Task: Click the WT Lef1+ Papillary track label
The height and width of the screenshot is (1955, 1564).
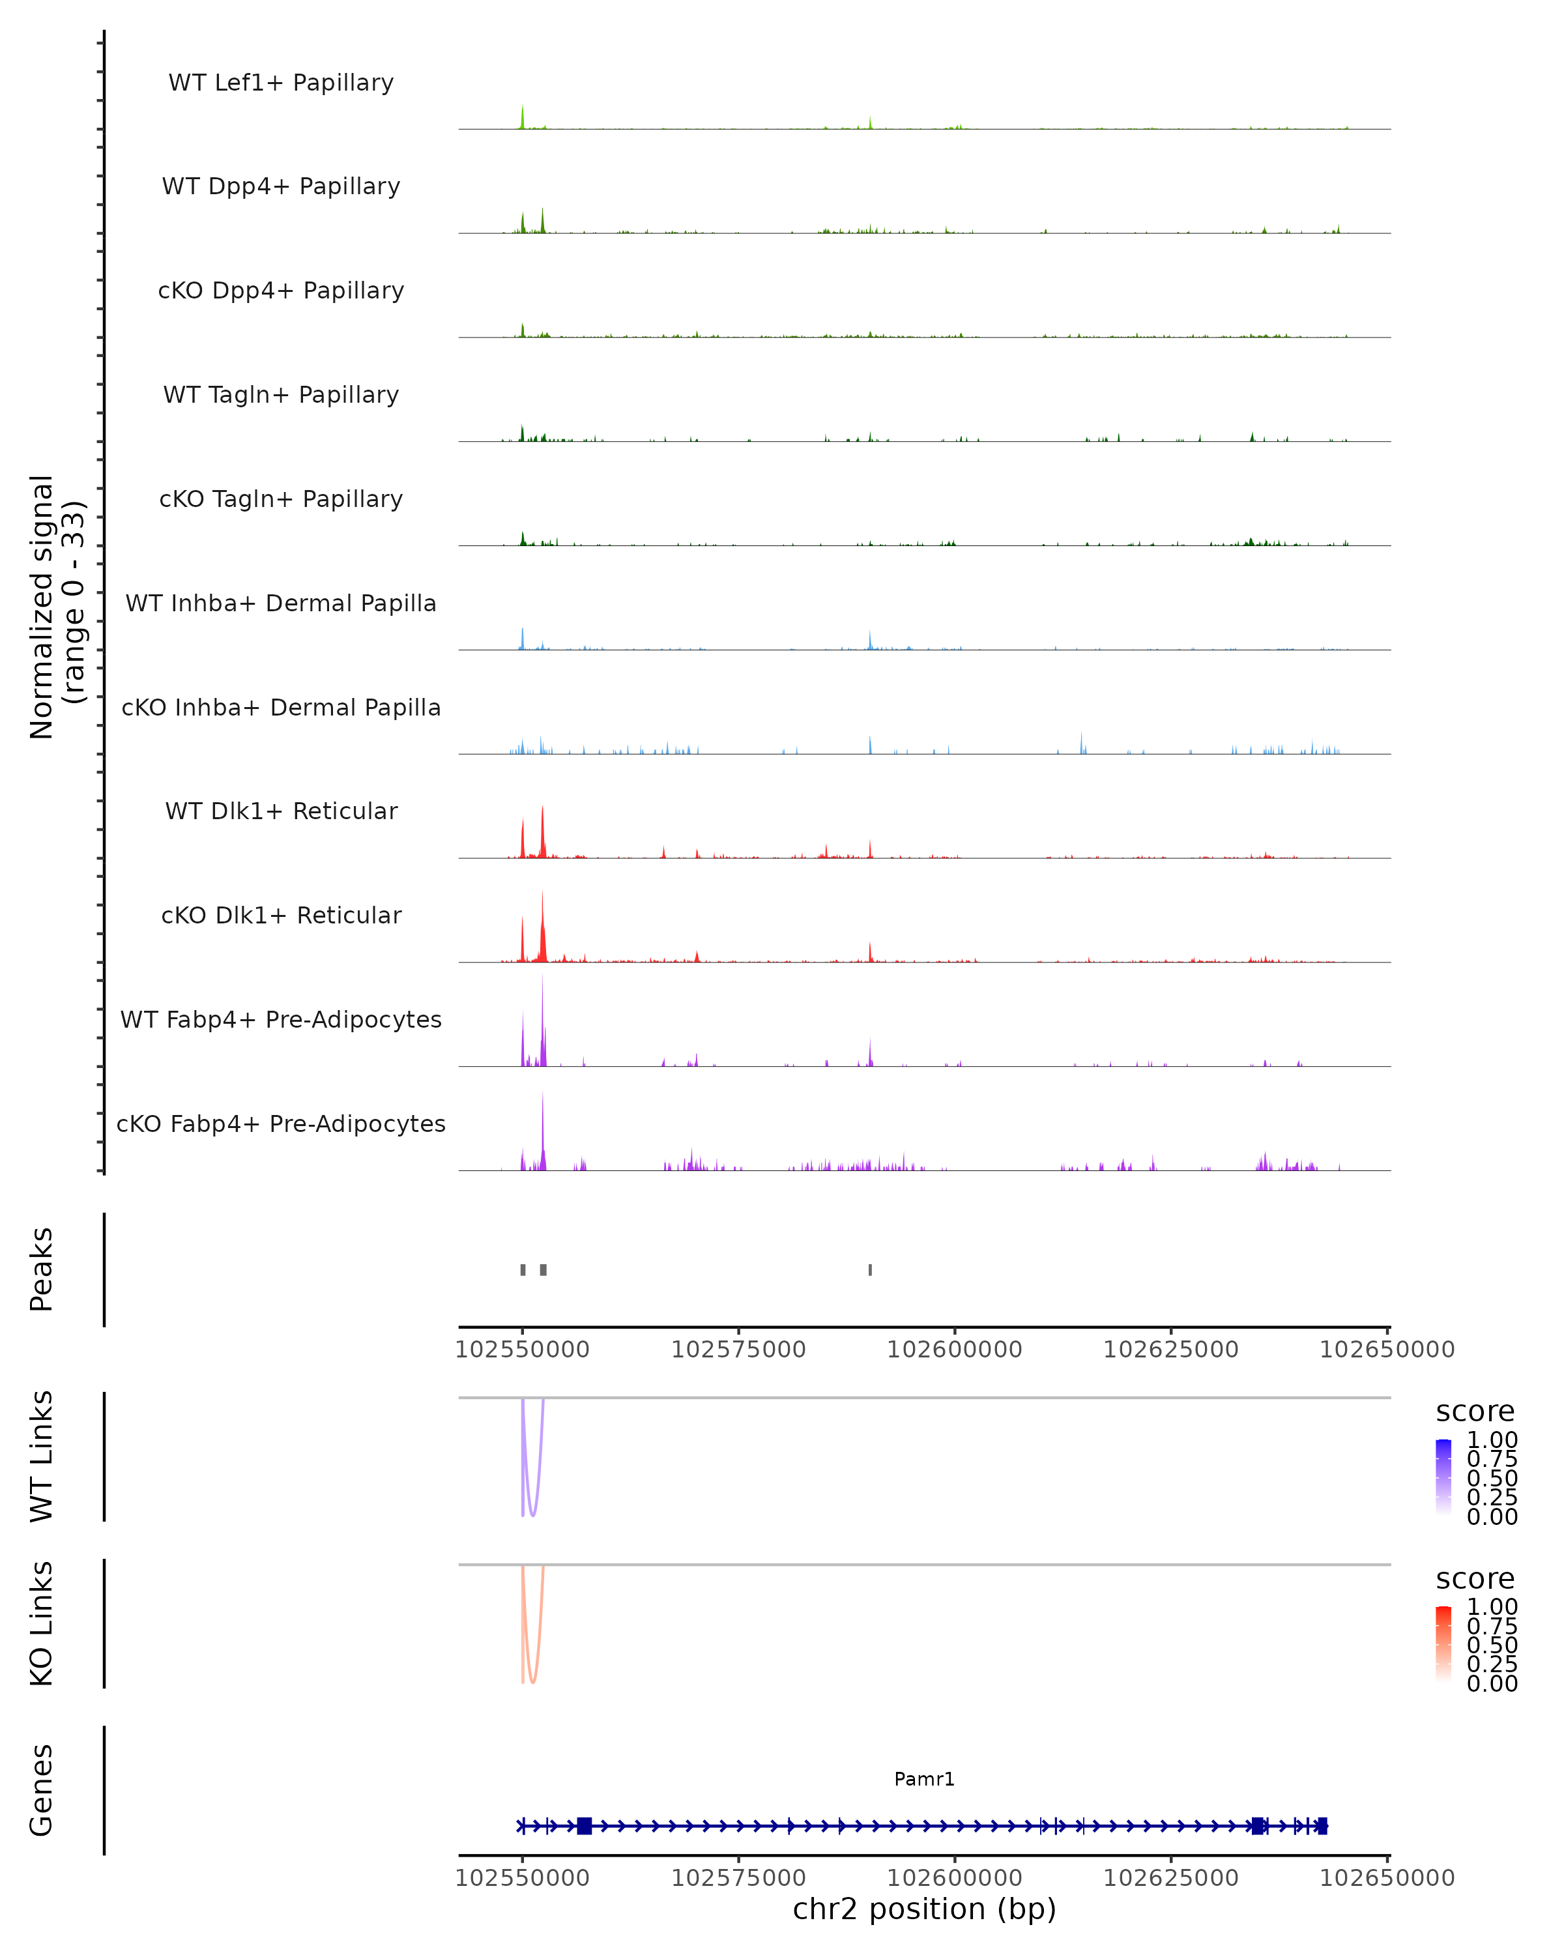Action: [x=281, y=83]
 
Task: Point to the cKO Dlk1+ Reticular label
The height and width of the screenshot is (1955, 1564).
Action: [x=281, y=915]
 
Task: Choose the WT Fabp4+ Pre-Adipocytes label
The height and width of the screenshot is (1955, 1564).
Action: [x=281, y=1019]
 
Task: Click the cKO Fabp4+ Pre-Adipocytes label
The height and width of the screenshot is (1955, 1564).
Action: [x=281, y=1123]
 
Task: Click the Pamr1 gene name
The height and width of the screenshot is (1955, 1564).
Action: [x=924, y=1779]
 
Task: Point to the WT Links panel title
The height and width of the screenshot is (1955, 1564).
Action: [x=42, y=1456]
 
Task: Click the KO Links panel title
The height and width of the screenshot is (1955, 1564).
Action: [x=42, y=1624]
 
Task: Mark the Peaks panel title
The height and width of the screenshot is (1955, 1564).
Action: [x=42, y=1269]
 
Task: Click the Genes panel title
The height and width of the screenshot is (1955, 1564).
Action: [x=42, y=1790]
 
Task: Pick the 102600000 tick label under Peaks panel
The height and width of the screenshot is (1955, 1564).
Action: [x=954, y=1350]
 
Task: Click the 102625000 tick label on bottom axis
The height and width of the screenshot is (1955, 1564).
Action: [x=1170, y=1878]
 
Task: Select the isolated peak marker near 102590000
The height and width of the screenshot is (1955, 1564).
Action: [x=871, y=1269]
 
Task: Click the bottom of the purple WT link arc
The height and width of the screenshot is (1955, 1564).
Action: [x=532, y=1515]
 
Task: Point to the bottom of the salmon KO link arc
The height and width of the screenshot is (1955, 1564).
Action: [x=532, y=1682]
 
